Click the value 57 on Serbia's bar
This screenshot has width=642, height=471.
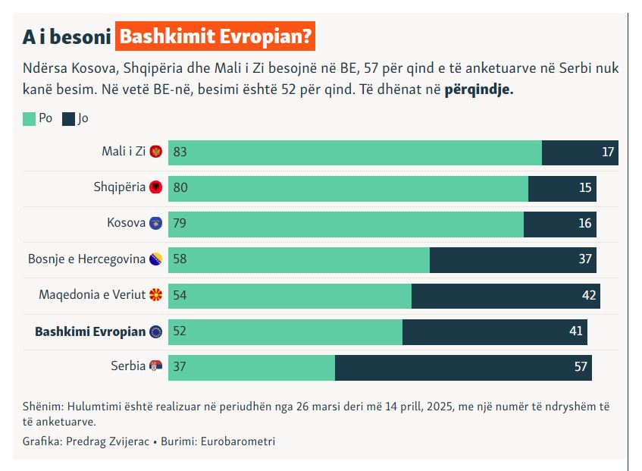point(581,367)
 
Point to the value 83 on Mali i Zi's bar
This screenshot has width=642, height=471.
point(180,152)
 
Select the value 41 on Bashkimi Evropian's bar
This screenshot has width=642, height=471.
point(576,331)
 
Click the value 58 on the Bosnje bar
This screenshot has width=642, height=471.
point(180,259)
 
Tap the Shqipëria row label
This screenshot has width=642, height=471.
point(120,187)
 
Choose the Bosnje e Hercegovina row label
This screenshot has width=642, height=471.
point(86,259)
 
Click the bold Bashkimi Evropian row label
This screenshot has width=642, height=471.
point(90,331)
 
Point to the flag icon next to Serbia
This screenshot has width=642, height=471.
point(156,367)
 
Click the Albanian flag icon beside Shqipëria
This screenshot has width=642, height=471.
point(156,187)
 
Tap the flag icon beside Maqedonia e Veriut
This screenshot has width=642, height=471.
point(156,295)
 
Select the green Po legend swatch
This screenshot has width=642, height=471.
point(29,118)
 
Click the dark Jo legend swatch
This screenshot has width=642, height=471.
point(68,118)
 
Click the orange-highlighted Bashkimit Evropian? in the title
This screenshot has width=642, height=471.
point(216,36)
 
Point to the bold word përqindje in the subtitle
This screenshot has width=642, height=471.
point(479,89)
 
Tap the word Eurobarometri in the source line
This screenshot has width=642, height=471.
point(238,441)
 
